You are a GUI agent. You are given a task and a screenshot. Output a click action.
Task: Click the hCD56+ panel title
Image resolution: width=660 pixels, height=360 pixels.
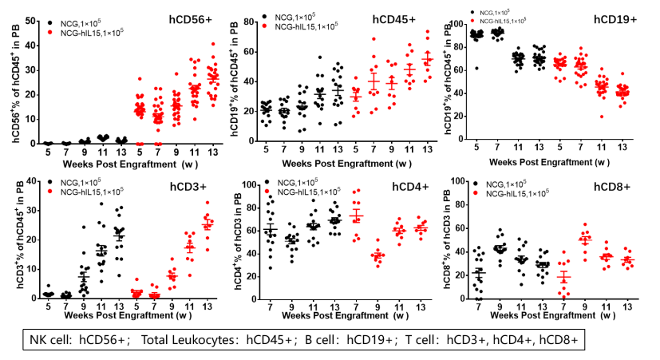coord(196,18)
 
